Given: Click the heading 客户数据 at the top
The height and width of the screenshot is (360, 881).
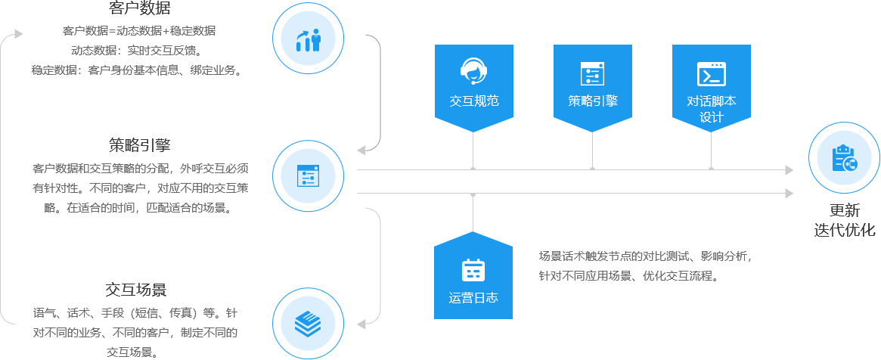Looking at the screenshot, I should point(140,9).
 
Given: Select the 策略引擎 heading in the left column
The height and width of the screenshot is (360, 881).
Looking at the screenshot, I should point(140,144).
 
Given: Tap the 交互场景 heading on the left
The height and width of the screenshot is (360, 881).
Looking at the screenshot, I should point(136,290).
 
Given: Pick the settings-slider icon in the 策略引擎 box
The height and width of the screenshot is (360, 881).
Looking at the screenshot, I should point(592,73).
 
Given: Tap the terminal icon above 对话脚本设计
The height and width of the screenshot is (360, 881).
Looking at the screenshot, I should point(711,74).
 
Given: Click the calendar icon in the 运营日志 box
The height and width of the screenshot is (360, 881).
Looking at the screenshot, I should point(473,270).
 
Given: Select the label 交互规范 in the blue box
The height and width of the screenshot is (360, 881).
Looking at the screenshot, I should point(473,101).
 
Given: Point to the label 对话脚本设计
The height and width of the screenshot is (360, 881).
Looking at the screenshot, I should point(711,109).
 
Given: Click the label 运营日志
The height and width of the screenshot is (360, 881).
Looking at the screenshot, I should point(473,297).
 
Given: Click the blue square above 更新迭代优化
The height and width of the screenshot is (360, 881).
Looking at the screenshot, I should point(844,158).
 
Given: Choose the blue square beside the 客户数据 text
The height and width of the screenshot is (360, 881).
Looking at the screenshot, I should point(309,39).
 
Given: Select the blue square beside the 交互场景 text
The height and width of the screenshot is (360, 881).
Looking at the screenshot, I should point(309,323).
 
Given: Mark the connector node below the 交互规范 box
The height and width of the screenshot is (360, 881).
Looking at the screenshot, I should point(473,169).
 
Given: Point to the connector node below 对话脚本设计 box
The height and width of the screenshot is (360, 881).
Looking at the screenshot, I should point(711,169).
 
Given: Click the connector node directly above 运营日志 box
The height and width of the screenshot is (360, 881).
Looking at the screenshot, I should point(473,194).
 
